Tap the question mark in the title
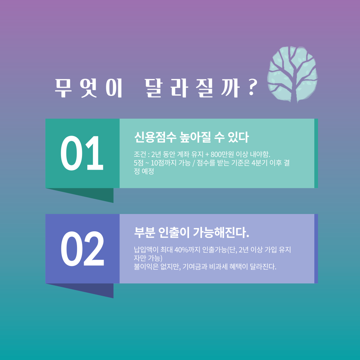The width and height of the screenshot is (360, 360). (x=252, y=88)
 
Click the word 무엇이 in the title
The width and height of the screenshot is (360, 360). (x=88, y=88)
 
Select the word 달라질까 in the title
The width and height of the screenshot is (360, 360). (x=192, y=88)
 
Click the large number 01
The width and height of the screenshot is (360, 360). (x=82, y=153)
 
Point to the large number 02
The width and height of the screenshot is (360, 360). (x=82, y=249)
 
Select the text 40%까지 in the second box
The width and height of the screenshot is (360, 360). (x=187, y=250)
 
